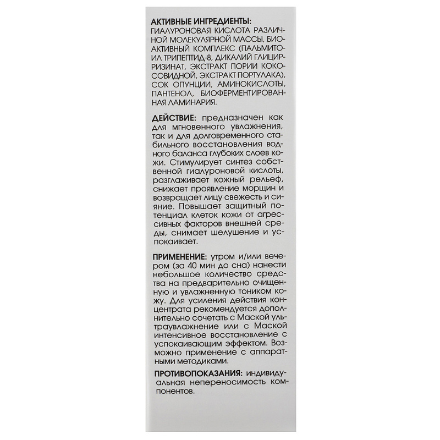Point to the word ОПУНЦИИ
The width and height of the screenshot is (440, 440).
pos(188,84)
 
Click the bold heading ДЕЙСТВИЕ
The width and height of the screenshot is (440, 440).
pos(174,118)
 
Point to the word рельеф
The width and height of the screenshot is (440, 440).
pos(269,180)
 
